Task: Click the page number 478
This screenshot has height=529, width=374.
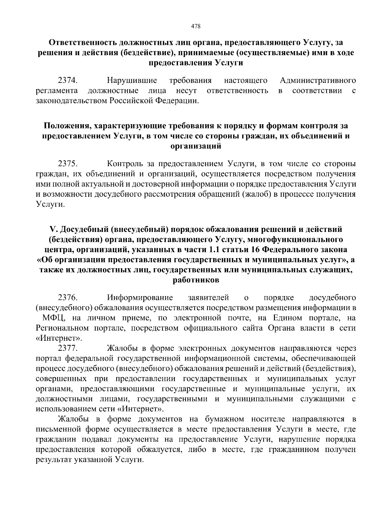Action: coord(195,26)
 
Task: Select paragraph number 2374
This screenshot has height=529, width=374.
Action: coord(68,81)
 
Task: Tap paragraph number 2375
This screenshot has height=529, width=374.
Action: coord(68,164)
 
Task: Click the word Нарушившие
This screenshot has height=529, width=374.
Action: coord(132,81)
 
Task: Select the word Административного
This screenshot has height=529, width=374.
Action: coord(318,81)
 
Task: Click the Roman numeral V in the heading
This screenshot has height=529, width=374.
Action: coord(52,229)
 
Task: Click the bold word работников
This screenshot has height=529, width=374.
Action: coord(196,280)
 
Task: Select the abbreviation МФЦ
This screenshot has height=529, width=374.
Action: coord(53,318)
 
